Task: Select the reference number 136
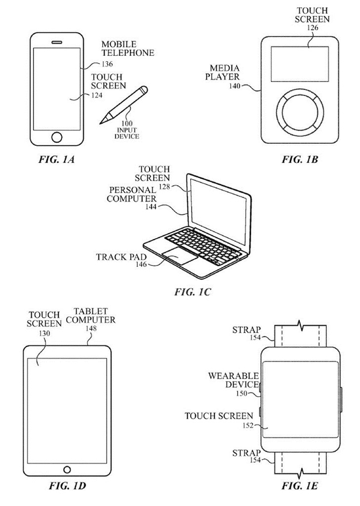(107, 64)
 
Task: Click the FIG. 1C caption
(192, 292)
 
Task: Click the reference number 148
(91, 329)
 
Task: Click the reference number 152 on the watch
(248, 425)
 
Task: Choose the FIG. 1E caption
(300, 486)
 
